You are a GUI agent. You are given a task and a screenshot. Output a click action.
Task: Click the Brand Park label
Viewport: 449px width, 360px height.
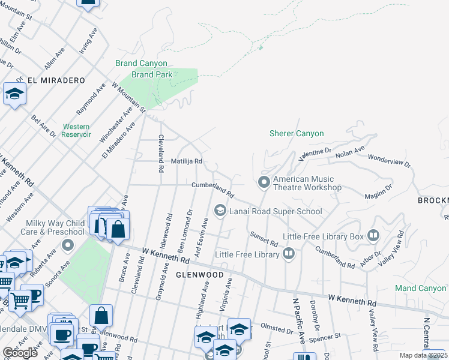(x=152, y=74)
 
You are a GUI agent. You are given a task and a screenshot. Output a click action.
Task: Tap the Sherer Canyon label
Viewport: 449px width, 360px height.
(x=297, y=134)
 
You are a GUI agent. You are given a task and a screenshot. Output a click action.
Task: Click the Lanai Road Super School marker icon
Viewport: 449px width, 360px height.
(x=220, y=211)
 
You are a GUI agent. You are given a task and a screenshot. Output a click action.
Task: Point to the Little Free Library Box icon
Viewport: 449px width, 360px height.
(x=373, y=236)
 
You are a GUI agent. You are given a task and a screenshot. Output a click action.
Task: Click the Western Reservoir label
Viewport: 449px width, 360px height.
(x=76, y=131)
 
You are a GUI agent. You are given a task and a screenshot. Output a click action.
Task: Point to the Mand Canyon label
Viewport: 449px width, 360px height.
(x=420, y=289)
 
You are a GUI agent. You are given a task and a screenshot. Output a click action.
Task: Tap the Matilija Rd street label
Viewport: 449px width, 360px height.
(x=186, y=161)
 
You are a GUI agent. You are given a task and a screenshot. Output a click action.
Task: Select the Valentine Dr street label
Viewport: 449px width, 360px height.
(x=315, y=154)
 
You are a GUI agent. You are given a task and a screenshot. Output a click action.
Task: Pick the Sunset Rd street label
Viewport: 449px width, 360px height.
(x=264, y=239)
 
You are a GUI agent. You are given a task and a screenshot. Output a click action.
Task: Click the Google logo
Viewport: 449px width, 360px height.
(x=20, y=353)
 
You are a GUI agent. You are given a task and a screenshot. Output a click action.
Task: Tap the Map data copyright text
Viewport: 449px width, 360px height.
(x=424, y=355)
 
